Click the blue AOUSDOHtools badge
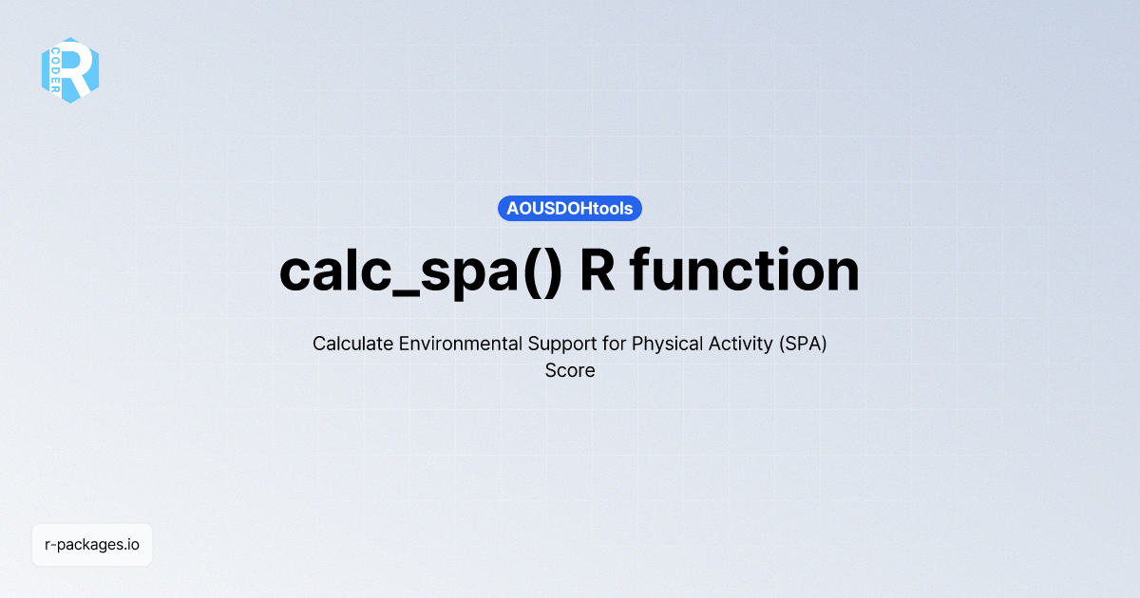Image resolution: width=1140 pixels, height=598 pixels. [570, 209]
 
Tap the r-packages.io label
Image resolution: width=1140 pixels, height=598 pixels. [92, 545]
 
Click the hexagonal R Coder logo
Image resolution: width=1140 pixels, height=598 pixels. [70, 70]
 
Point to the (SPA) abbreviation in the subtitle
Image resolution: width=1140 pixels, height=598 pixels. [803, 344]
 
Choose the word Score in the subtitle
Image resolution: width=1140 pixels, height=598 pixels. [570, 371]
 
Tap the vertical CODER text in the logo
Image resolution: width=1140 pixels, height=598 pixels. [57, 70]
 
